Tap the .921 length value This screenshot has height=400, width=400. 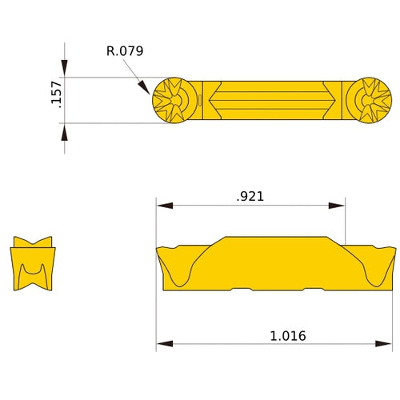(x=251, y=195)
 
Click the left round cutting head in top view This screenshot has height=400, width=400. (x=173, y=100)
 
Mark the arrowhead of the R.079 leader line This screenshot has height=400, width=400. (x=145, y=87)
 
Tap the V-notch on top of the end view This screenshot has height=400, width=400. (x=33, y=242)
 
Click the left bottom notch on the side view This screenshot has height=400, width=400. (x=241, y=290)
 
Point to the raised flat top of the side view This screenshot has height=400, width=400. (x=276, y=238)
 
